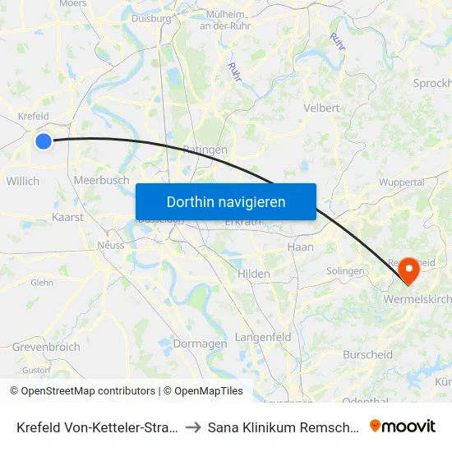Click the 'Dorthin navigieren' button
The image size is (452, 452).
click(226, 202)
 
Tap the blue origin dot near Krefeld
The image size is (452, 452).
click(44, 141)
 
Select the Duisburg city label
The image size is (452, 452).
click(151, 17)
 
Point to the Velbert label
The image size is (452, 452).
click(321, 108)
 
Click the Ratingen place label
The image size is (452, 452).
click(205, 150)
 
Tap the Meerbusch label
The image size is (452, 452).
click(101, 180)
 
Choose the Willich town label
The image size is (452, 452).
click(22, 181)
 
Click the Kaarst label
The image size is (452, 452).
click(67, 218)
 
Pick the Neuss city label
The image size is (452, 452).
click(110, 245)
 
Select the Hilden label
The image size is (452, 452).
click(253, 274)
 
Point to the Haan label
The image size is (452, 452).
click(300, 247)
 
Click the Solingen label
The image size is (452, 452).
click(345, 270)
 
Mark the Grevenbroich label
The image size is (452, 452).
click(46, 347)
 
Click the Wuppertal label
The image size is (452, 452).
click(403, 182)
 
